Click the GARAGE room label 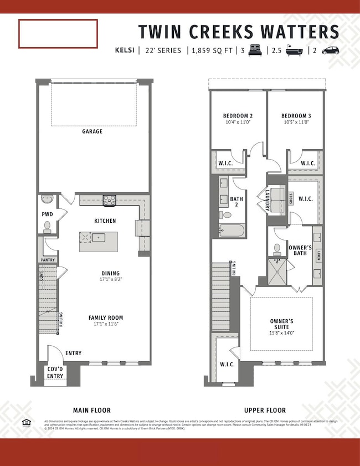pyautogui.click(x=92, y=132)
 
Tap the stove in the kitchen pyautogui.click(x=109, y=200)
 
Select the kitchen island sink pyautogui.click(x=98, y=238)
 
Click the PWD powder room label pyautogui.click(x=47, y=213)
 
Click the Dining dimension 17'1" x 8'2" pyautogui.click(x=110, y=280)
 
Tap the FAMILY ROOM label pyautogui.click(x=106, y=318)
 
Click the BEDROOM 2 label pyautogui.click(x=238, y=116)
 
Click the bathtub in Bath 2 pyautogui.click(x=232, y=229)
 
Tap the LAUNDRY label pyautogui.click(x=267, y=200)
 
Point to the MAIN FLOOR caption pyautogui.click(x=92, y=410)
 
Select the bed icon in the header pyautogui.click(x=255, y=50)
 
